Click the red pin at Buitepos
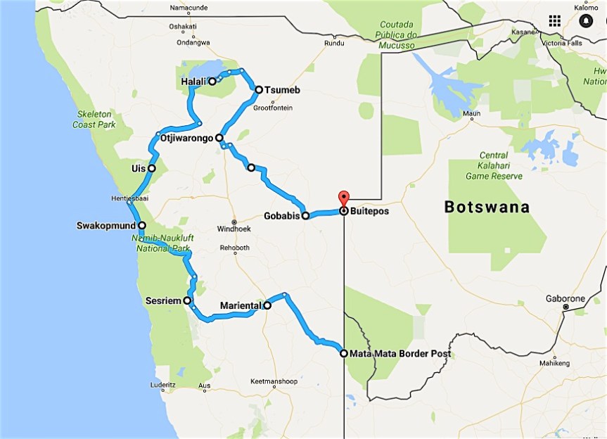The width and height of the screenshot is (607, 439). (x=343, y=198)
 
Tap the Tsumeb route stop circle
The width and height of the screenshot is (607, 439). (x=259, y=89)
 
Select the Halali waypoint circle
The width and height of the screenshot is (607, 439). (x=212, y=82)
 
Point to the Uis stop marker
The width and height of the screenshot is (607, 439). (x=151, y=168)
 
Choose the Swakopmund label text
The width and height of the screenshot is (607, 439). (x=106, y=227)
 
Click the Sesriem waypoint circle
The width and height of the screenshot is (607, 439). (x=187, y=300)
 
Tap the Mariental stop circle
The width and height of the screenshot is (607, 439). (x=267, y=305)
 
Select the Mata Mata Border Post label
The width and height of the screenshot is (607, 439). (x=400, y=354)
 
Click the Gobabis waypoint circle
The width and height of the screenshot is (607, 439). (x=305, y=216)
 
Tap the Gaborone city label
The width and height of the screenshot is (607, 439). (x=565, y=298)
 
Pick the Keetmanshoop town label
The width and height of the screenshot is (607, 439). (x=273, y=382)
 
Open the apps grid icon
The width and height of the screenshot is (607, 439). (x=554, y=20)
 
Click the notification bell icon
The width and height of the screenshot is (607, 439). (x=585, y=20)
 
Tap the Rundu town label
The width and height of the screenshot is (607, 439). (x=333, y=43)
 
